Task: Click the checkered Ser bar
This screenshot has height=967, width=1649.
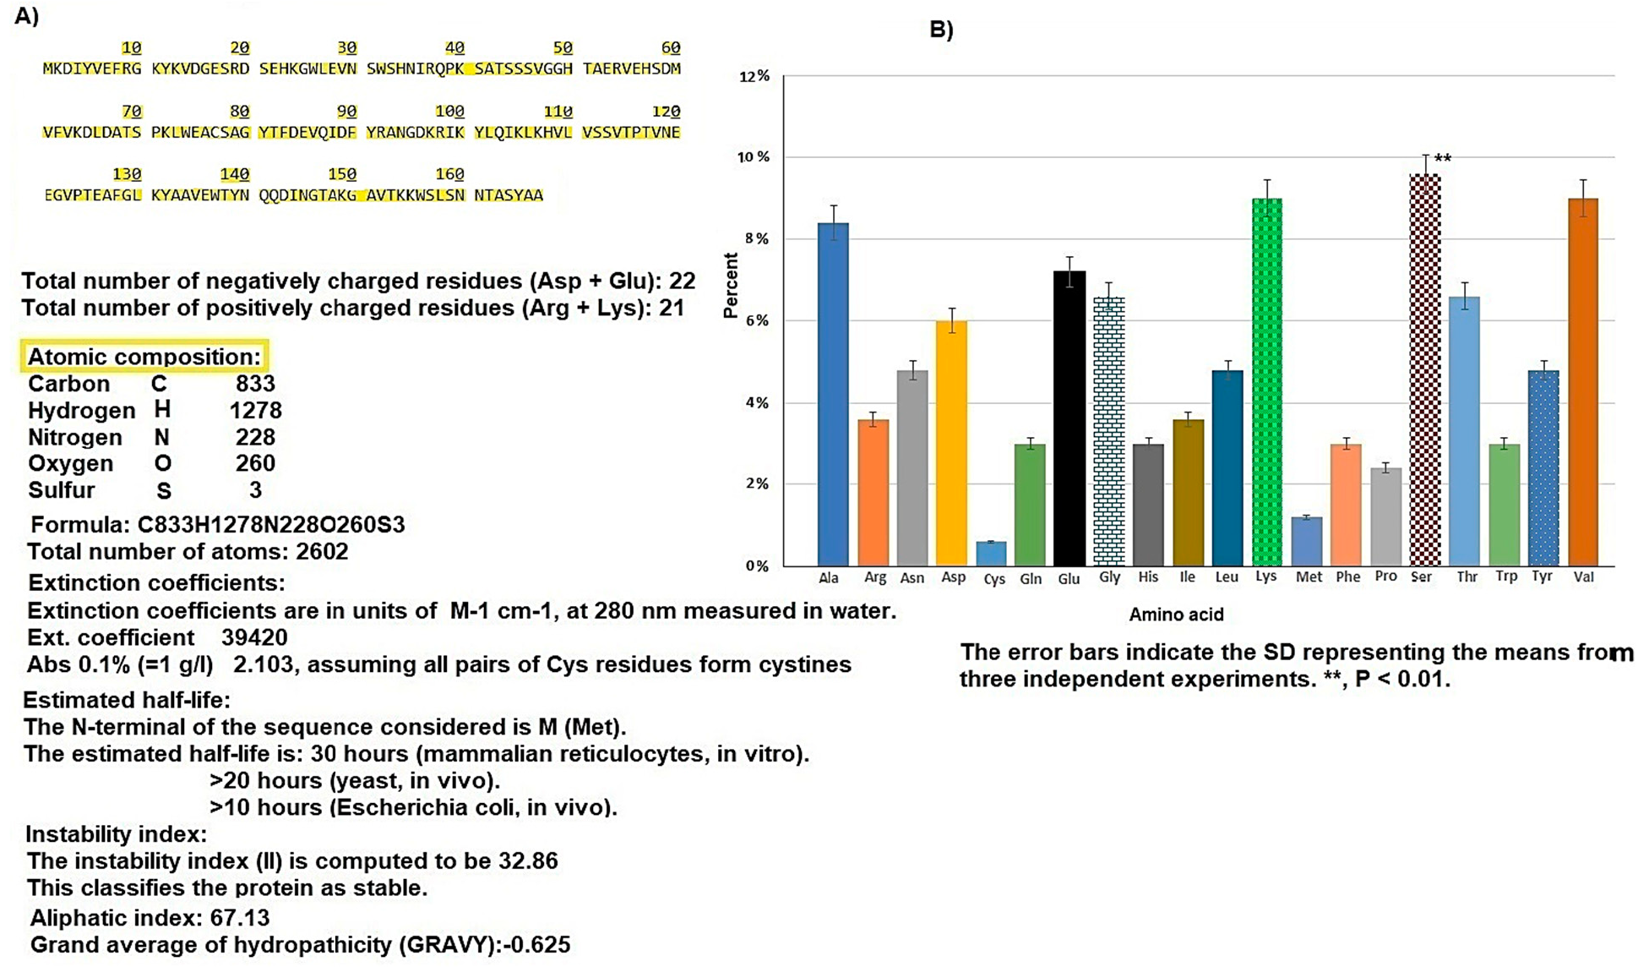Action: pyautogui.click(x=1425, y=372)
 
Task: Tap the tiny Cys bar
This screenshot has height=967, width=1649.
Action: pyautogui.click(x=991, y=554)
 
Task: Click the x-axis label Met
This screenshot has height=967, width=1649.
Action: pyautogui.click(x=1309, y=577)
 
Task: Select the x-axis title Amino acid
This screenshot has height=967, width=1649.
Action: pyautogui.click(x=1176, y=615)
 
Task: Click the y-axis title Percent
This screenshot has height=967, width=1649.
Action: pyautogui.click(x=731, y=286)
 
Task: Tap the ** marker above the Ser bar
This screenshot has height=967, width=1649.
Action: pyautogui.click(x=1443, y=158)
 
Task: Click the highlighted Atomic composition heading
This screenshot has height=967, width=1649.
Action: pyautogui.click(x=144, y=357)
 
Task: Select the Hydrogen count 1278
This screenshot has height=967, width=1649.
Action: pyautogui.click(x=255, y=411)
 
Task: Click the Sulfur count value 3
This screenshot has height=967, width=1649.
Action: pyautogui.click(x=255, y=490)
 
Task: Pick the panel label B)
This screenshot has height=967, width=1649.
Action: pyautogui.click(x=941, y=30)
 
